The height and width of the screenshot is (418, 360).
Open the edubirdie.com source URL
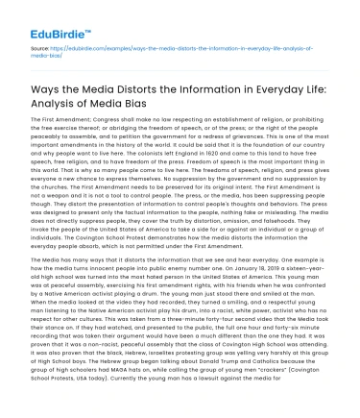pyautogui.click(x=173, y=47)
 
